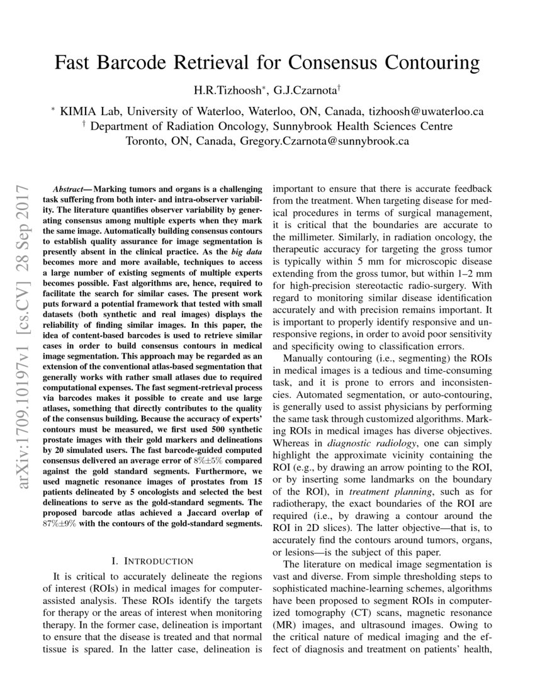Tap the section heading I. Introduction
coord(152,561)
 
